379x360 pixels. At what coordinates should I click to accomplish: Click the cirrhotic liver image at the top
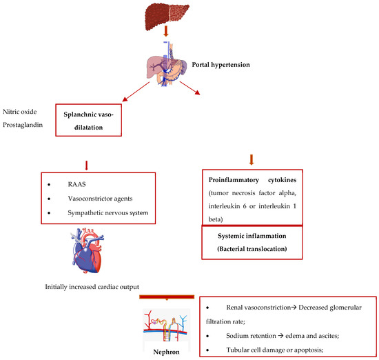point(169,14)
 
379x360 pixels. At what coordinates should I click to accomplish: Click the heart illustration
point(90,256)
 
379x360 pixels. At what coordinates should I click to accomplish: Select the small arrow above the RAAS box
point(86,166)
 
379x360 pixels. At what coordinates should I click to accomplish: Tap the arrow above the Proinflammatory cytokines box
point(252,159)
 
